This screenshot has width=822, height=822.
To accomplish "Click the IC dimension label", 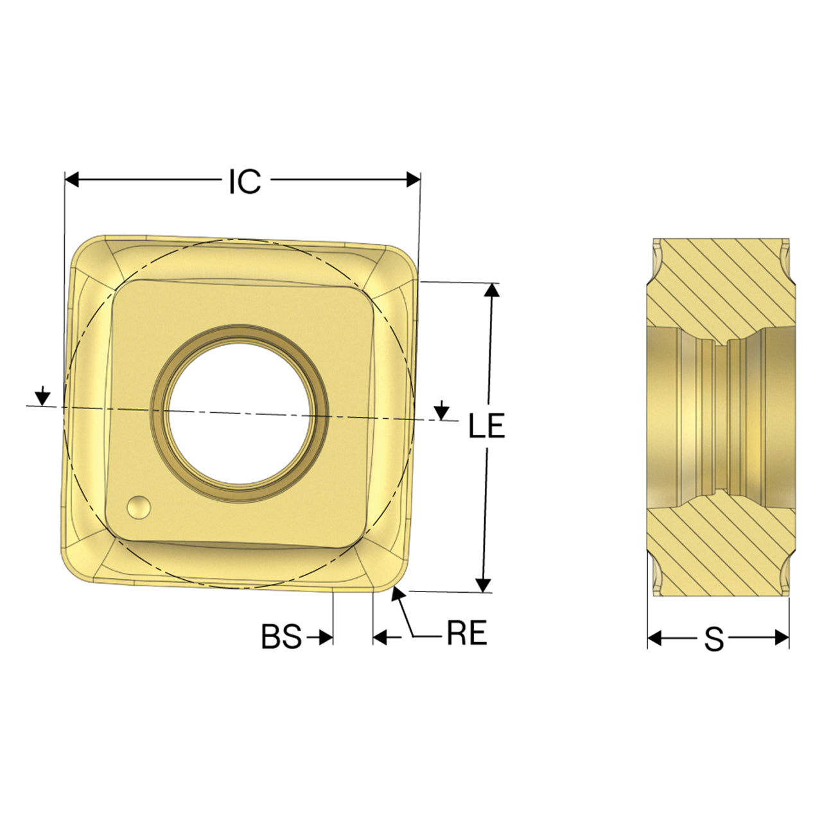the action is pyautogui.click(x=245, y=182).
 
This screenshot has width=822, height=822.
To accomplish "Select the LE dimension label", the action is pyautogui.click(x=486, y=425).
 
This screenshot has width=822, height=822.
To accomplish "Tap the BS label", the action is pyautogui.click(x=281, y=636).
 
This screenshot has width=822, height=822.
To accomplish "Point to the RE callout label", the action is pyautogui.click(x=467, y=633).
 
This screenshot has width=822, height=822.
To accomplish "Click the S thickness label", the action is pyautogui.click(x=714, y=638).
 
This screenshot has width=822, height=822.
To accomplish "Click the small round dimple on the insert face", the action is pyautogui.click(x=139, y=507).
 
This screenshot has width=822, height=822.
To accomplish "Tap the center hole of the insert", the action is pyautogui.click(x=238, y=414).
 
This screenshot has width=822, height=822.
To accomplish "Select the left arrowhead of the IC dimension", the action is pyautogui.click(x=72, y=180).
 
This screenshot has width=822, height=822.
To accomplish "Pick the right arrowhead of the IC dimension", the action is pyautogui.click(x=414, y=180).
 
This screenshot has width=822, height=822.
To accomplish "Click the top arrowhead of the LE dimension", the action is pyautogui.click(x=493, y=290).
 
